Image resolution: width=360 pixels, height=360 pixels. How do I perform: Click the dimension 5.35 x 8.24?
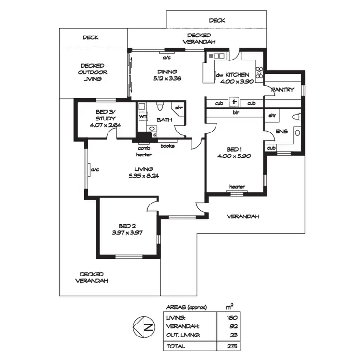144,176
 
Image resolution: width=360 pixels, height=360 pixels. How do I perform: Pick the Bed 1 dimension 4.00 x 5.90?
234,156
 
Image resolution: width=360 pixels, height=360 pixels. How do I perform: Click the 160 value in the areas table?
231,318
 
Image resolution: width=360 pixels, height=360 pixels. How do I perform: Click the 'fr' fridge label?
235,103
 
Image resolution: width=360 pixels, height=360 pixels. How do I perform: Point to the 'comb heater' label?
144,151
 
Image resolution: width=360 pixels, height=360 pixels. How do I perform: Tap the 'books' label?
167,146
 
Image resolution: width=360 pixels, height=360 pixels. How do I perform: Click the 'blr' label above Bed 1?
235,113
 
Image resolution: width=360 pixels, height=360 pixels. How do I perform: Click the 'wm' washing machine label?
143,116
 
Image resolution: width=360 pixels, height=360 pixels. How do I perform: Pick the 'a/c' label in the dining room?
167,58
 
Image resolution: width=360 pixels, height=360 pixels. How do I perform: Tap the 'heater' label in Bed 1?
237,187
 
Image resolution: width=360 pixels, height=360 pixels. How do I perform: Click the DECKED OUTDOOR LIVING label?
93,72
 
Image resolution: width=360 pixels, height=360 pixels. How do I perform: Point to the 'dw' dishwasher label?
219,75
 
